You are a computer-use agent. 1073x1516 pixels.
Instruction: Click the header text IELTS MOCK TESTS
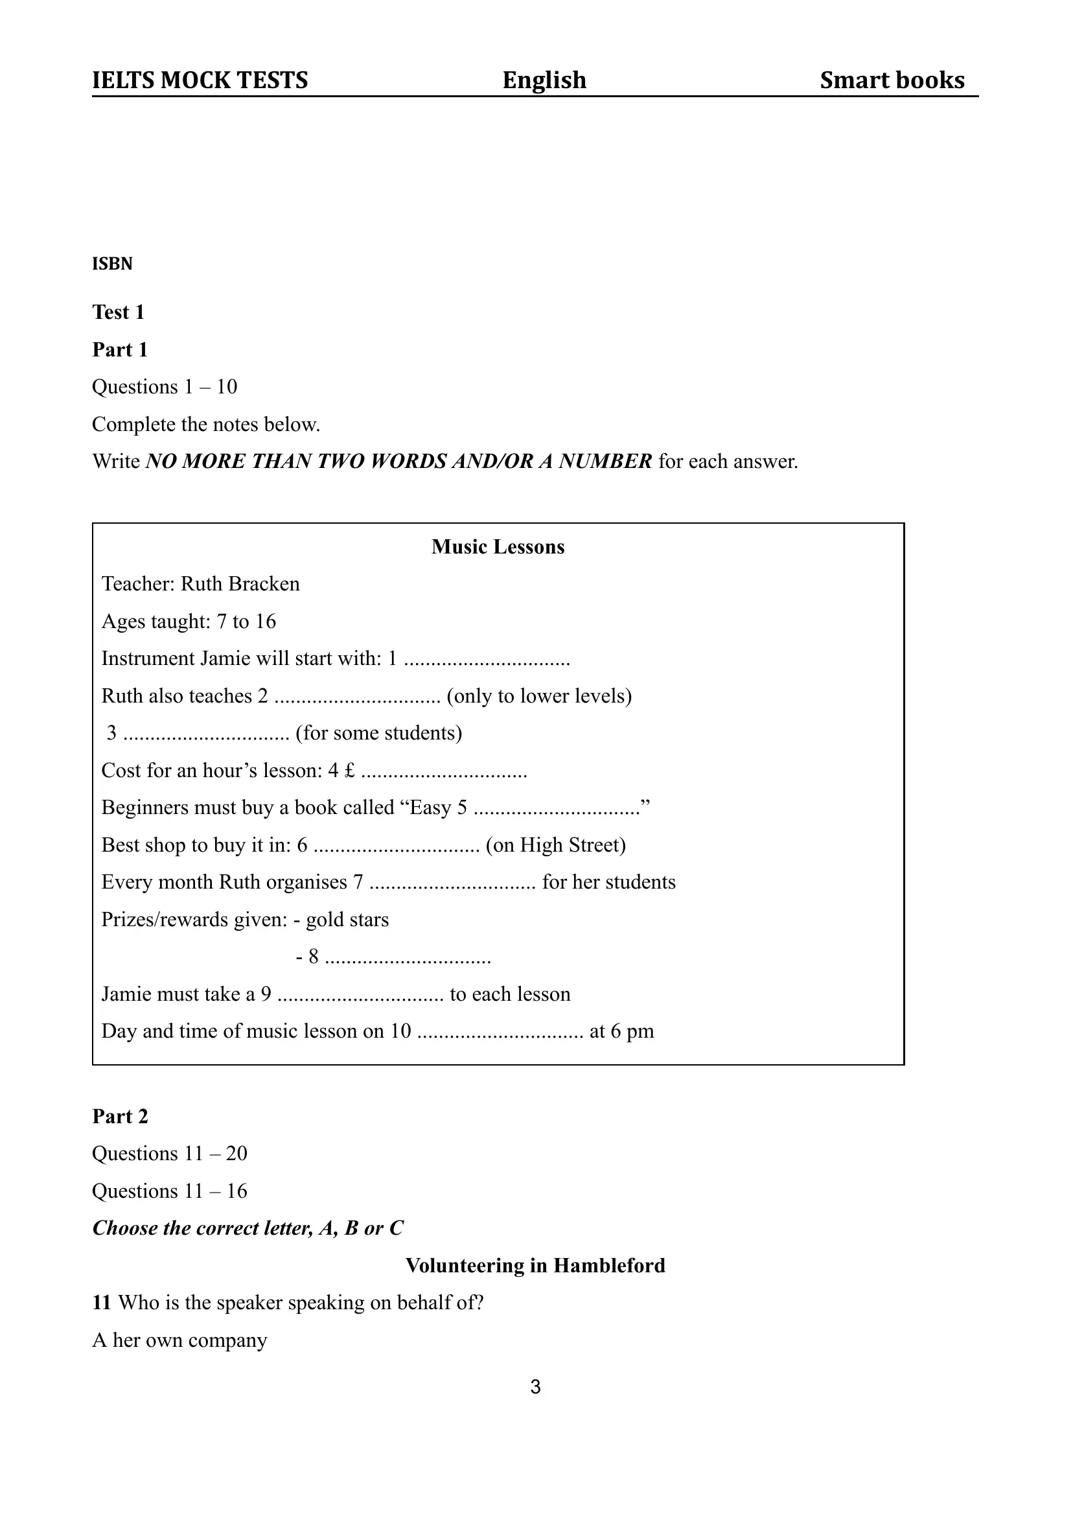pos(200,80)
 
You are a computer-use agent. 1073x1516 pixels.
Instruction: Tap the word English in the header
pos(544,80)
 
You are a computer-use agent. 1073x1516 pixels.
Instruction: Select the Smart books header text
pos(892,80)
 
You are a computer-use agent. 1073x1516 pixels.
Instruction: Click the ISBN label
pos(111,264)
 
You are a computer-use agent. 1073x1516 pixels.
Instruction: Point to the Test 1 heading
pos(119,312)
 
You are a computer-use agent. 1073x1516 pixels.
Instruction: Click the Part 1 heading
pos(120,349)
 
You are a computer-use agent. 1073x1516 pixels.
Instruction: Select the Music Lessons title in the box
pos(498,546)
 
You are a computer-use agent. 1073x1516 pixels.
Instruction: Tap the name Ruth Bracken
pos(240,584)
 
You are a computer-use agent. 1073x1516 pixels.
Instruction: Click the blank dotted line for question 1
pos(487,660)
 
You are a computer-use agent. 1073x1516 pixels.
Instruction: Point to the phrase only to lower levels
pos(539,696)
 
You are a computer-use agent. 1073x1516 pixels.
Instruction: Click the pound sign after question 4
pos(349,771)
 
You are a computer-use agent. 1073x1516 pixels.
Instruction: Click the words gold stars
pos(347,920)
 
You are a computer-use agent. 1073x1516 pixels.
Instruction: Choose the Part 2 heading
pos(120,1116)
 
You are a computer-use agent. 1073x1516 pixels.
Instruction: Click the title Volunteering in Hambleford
pos(535,1266)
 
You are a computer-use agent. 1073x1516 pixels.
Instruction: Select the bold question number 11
pos(101,1303)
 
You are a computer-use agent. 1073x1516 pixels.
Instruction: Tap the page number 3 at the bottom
pos(535,1387)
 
